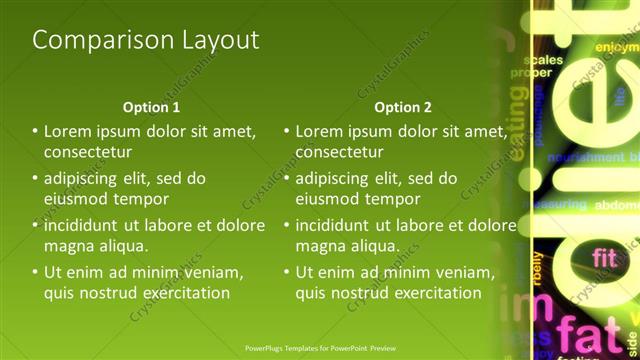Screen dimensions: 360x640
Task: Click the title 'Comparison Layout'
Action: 146,40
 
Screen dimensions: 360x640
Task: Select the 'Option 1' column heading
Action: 151,107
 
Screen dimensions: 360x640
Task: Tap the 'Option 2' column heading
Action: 403,107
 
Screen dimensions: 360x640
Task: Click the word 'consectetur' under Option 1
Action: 88,152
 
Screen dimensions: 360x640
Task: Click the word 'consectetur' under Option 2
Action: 340,152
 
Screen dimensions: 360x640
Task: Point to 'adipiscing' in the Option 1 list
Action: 87,179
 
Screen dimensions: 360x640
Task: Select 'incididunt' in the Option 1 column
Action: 83,225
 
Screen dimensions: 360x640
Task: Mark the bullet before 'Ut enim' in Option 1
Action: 36,272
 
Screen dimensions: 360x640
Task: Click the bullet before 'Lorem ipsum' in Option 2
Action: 287,132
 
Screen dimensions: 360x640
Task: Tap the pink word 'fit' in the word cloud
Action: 604,258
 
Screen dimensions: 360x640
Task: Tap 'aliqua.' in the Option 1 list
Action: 122,246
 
